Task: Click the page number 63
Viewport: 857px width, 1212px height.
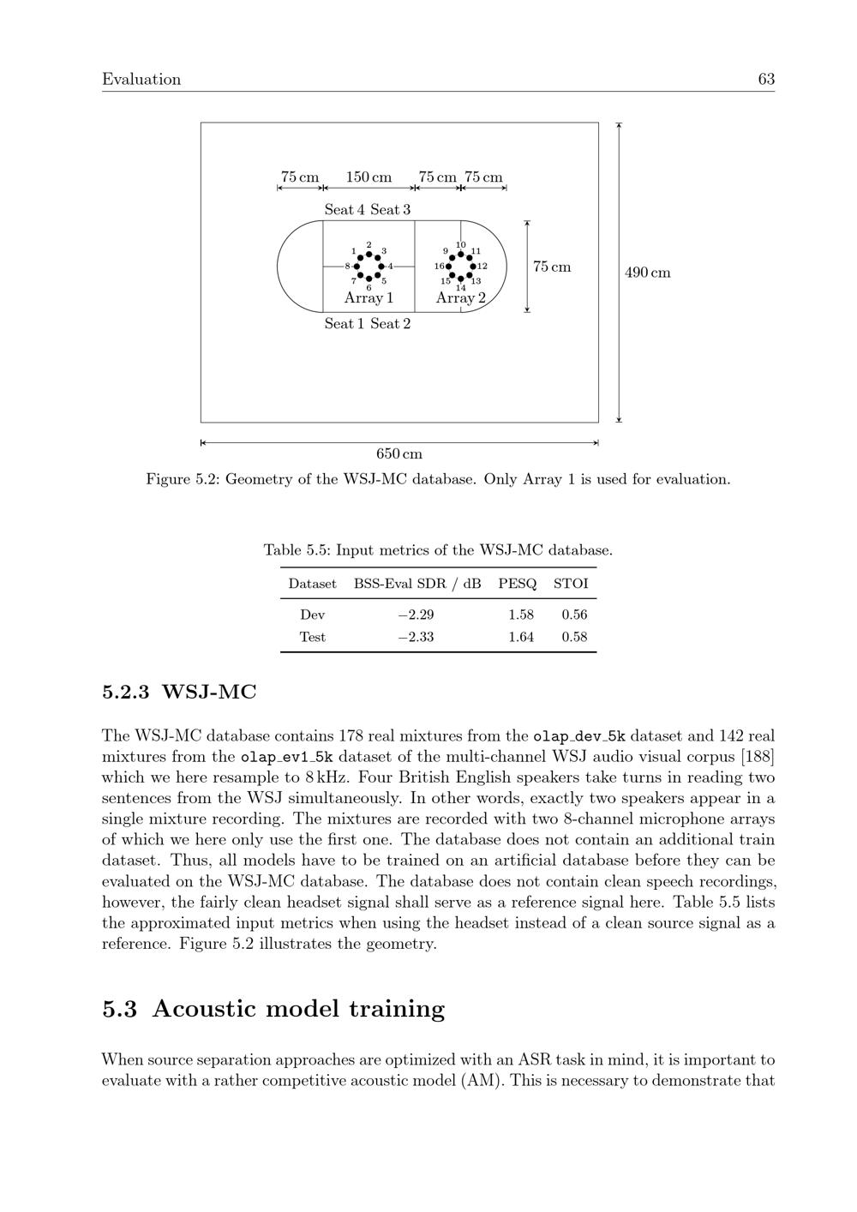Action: tap(766, 80)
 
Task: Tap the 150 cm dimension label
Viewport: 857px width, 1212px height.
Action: tap(369, 177)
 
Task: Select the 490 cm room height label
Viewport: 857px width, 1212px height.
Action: tap(648, 273)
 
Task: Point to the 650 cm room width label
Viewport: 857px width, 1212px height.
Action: tap(399, 454)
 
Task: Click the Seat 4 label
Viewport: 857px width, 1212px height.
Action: tap(345, 209)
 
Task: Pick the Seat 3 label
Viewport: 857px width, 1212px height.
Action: tap(390, 209)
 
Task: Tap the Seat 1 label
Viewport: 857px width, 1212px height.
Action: tap(345, 323)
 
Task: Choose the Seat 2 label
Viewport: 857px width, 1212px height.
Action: tap(390, 323)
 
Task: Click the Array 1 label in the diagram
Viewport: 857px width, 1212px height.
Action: tap(369, 298)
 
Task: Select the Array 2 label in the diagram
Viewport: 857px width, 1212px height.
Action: tap(460, 298)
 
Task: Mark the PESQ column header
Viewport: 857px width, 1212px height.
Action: tap(518, 584)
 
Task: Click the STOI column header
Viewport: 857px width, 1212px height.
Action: tap(571, 584)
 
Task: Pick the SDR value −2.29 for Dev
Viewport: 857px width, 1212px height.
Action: tap(416, 615)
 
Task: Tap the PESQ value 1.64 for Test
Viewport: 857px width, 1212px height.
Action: tap(521, 637)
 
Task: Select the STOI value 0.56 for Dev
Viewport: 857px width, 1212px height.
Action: tap(574, 615)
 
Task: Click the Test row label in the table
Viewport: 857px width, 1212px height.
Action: tap(312, 637)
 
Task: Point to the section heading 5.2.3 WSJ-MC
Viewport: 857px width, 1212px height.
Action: tap(179, 692)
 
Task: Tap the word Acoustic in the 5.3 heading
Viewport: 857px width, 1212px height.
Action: tap(205, 1009)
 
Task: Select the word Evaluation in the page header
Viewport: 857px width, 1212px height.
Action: tap(141, 80)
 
